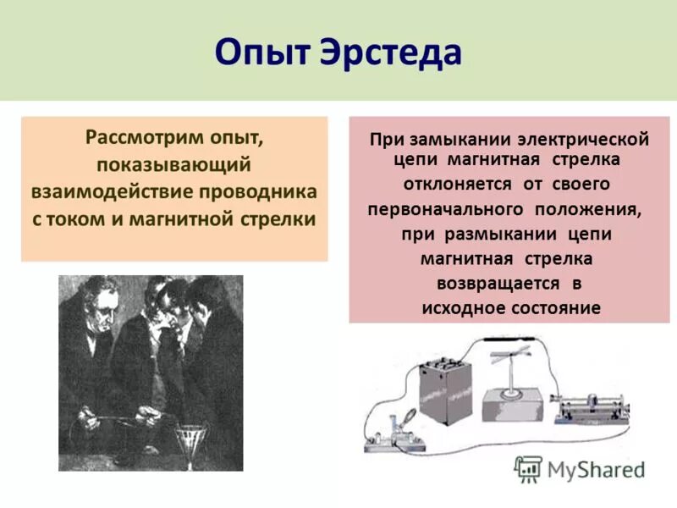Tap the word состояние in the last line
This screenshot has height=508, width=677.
(556, 308)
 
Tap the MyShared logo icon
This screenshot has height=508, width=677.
(529, 469)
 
